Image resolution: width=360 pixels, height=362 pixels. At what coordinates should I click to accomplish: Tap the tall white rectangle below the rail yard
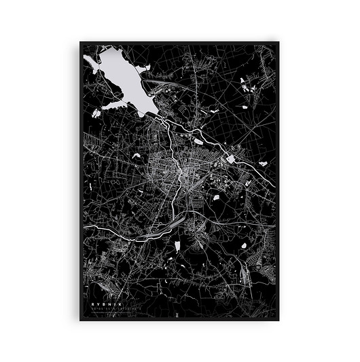click(177, 245)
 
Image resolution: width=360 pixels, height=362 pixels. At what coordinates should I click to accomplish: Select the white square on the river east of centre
click(231, 159)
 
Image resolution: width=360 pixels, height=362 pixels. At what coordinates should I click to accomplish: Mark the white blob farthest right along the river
click(262, 162)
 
